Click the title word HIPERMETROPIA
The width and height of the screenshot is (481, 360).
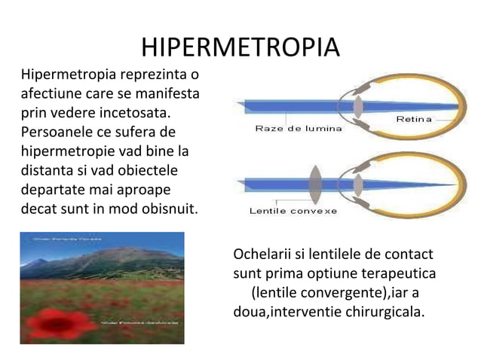pos(240,47)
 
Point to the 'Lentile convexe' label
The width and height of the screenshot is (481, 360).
pos(293,210)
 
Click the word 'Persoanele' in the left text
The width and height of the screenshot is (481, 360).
pos(54,133)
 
